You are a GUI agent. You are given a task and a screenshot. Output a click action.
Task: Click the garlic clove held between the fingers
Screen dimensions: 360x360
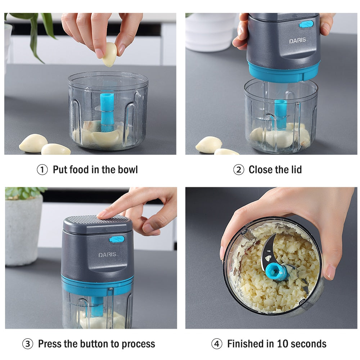[x=109, y=54]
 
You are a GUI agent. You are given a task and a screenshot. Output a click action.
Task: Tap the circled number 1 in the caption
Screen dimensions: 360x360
[x=42, y=170]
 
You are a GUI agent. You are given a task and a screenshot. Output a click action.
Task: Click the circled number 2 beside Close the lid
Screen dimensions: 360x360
[x=238, y=170]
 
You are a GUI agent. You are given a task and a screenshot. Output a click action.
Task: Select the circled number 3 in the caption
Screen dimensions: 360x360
[x=28, y=344]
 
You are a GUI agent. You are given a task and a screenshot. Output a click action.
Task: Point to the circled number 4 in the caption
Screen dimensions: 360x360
[x=216, y=344]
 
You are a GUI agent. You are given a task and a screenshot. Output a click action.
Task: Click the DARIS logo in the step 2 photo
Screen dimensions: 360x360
[x=298, y=41]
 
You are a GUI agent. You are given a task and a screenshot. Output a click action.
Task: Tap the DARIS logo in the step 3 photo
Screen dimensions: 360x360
[x=107, y=255]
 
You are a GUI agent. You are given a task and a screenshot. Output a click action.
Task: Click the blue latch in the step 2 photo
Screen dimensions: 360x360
[x=306, y=24]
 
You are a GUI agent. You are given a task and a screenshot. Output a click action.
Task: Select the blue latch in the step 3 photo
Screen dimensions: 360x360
[x=117, y=239]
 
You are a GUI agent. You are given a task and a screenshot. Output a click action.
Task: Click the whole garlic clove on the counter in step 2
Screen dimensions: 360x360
[x=209, y=144]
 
